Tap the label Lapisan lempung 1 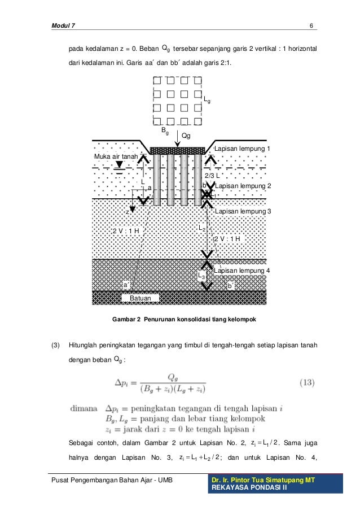tap(243, 149)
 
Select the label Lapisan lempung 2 tap(243, 186)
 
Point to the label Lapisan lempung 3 tap(243, 211)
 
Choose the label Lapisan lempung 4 tap(243, 271)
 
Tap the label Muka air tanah tap(116, 156)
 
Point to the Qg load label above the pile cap tap(186, 136)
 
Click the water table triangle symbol tap(119, 165)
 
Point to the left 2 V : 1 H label tap(126, 231)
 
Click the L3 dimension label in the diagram tap(201, 275)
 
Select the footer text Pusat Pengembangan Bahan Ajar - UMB tap(113, 481)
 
